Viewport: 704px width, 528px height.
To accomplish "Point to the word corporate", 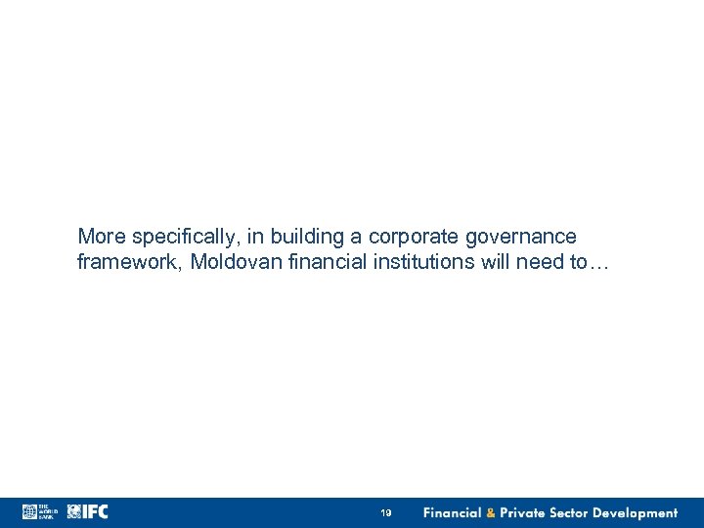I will (411, 237).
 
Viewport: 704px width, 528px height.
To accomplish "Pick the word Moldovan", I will (233, 262).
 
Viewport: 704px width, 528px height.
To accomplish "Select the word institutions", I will (415, 262).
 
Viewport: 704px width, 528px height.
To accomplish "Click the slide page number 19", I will (386, 513).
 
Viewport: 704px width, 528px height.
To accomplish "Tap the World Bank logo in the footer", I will (40, 512).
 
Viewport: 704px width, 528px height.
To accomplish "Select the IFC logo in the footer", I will (87, 512).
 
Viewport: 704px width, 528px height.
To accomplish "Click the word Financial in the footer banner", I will (453, 513).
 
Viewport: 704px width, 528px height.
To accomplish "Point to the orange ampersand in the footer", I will (491, 513).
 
